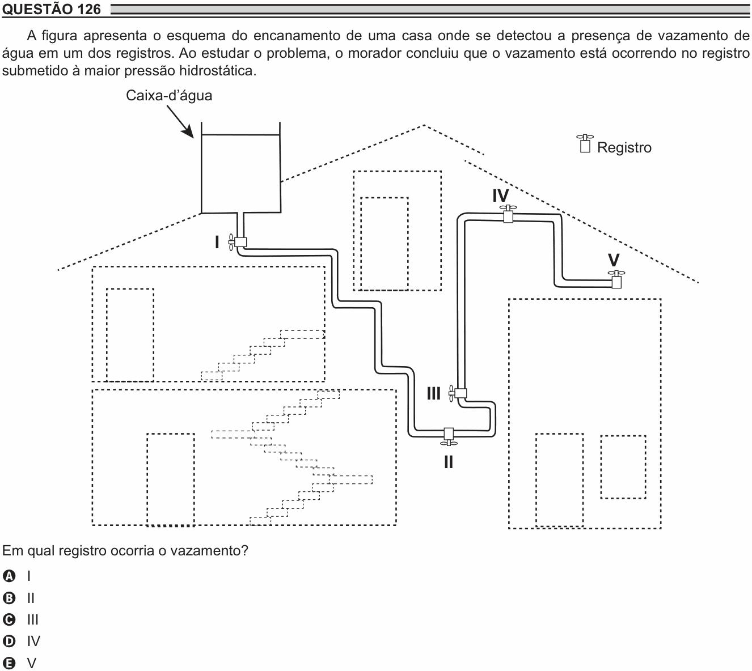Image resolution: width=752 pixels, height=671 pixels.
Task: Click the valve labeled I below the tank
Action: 238,242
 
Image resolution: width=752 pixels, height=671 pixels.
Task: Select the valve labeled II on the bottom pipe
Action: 449,436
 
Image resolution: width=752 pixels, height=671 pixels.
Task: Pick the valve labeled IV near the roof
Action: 508,214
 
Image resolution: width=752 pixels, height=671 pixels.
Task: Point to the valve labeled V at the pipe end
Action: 616,279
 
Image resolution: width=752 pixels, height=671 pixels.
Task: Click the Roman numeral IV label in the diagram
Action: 501,196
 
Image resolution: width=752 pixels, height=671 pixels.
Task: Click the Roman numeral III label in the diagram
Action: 433,393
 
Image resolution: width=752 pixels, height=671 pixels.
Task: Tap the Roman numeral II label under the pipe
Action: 449,462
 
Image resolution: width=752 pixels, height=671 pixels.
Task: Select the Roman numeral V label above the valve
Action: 614,260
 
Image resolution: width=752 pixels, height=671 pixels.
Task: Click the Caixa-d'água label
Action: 169,96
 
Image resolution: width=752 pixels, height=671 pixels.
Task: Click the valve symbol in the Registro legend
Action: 585,143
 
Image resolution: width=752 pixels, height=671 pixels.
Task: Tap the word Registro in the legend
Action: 624,147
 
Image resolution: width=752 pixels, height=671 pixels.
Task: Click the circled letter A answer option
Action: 9,576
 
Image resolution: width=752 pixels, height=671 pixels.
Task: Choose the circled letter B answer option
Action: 9,598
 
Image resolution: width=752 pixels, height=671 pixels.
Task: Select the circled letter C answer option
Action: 9,620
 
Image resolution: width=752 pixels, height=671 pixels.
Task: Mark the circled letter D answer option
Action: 9,642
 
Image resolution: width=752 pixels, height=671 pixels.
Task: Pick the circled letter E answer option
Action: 9,663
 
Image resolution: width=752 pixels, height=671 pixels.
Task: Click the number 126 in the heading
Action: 90,9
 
